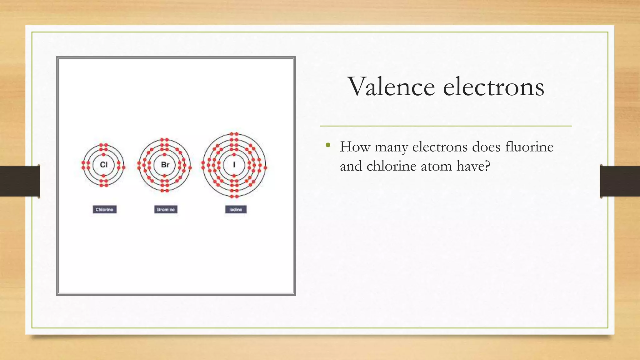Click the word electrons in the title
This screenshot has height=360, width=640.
pos(493,87)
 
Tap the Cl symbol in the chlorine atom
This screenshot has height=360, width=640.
pos(104,165)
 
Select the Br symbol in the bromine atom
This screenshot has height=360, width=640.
pos(165,165)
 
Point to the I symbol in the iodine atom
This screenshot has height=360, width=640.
pos(234,165)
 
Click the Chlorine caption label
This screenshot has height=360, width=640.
pos(104,209)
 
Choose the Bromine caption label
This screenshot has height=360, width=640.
pos(166,209)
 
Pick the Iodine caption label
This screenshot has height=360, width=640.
pos(236,209)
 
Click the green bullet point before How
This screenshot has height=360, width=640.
pos(328,145)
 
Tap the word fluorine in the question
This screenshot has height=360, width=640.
pos(529,147)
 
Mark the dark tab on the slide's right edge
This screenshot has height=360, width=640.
pos(620,181)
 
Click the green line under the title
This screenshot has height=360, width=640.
pos(446,126)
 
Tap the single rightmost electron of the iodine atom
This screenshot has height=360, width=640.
pos(265,168)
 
